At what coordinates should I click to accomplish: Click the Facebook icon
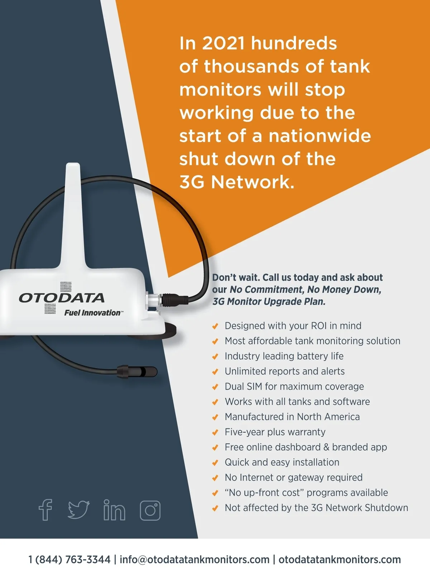[46, 510]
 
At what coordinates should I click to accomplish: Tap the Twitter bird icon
[78, 510]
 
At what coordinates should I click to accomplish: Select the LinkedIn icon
[114, 510]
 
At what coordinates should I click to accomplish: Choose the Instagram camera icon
[150, 511]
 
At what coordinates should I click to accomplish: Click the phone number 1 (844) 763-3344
[70, 560]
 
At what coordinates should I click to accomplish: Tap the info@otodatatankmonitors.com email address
[195, 560]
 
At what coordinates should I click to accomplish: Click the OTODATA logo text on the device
[62, 298]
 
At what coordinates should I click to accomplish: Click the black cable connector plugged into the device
[174, 300]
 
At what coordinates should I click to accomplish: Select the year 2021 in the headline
[223, 43]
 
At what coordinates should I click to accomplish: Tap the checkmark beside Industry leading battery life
[215, 357]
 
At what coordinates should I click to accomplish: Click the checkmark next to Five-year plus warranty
[215, 432]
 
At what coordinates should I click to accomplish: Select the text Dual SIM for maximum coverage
[294, 387]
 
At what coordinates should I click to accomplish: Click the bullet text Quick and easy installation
[282, 463]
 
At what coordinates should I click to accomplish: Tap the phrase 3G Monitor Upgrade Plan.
[269, 302]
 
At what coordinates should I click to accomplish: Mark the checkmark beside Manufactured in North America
[215, 417]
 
